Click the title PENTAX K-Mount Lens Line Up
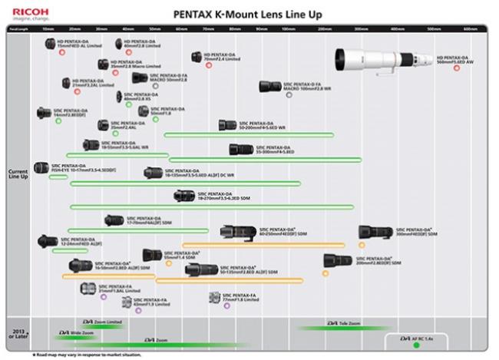248,14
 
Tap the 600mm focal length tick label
470,29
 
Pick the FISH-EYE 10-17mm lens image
41,167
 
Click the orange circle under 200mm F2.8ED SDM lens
326,272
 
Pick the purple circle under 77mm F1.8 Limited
226,305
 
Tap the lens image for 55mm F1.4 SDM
151,254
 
